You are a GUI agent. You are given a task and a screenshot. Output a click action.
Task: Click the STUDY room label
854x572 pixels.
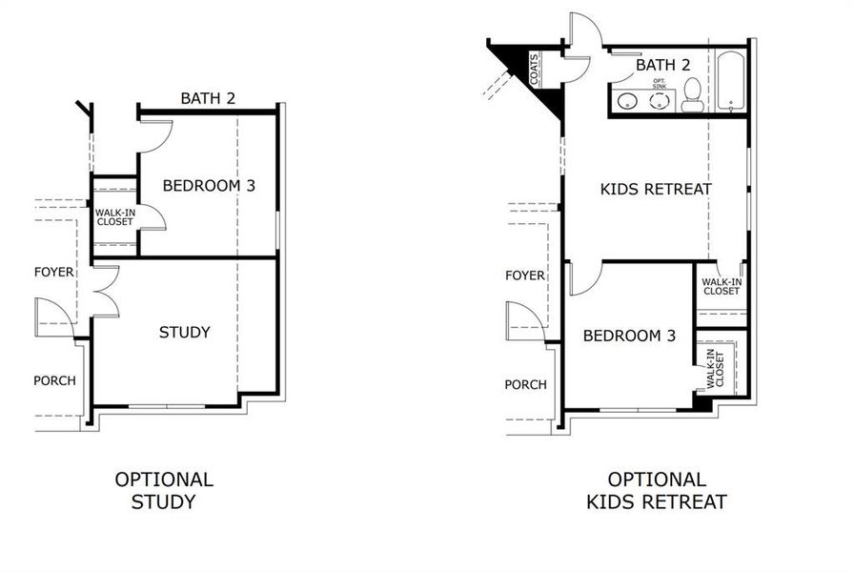(184, 332)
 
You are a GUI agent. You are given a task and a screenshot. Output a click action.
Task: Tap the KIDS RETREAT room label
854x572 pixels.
(656, 189)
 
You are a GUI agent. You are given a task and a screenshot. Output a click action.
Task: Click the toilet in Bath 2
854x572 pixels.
(693, 96)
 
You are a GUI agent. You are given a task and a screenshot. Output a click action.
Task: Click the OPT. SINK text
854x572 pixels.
(660, 84)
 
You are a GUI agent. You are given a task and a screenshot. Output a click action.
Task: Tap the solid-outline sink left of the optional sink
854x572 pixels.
(627, 100)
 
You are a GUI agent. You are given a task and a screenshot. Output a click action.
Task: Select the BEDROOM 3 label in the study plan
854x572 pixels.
(209, 185)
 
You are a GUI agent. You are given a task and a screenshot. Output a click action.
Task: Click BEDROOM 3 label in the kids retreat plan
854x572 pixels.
(629, 336)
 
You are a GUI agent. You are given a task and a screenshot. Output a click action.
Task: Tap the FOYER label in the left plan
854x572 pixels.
(53, 272)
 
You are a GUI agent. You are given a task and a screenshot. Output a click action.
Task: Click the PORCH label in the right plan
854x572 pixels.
(525, 384)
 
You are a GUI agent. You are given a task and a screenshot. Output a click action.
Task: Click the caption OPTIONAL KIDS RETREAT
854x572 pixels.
(656, 491)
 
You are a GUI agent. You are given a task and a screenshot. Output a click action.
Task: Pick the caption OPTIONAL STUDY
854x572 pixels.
(164, 491)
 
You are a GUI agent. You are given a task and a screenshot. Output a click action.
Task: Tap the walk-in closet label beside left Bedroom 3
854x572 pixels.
(114, 216)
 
